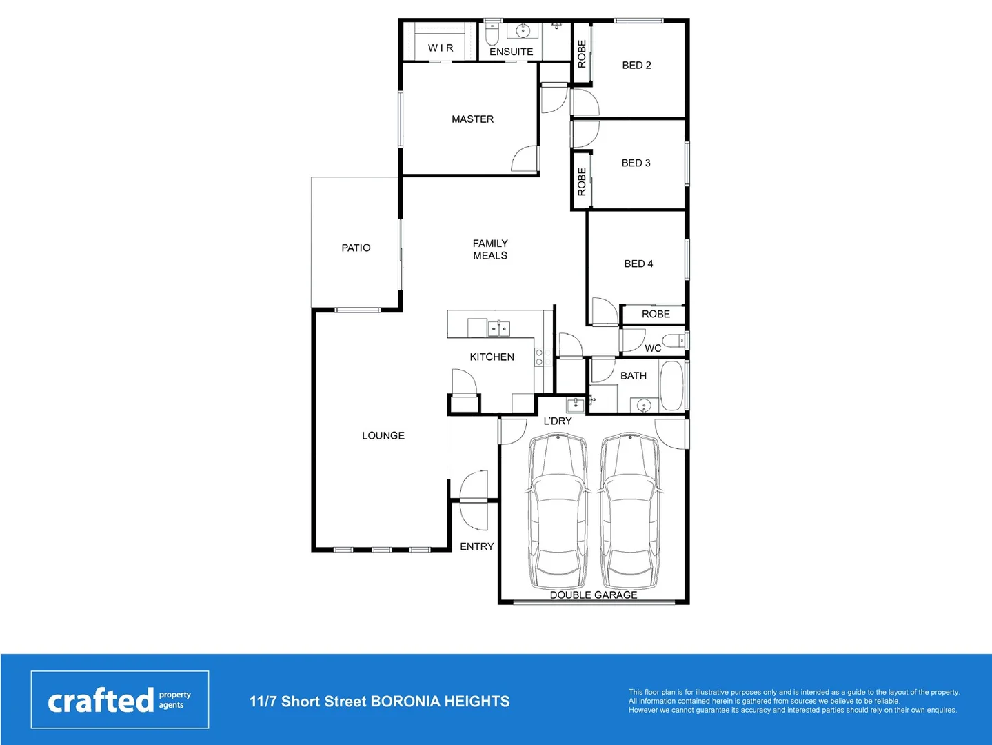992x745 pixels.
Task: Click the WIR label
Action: [x=441, y=48]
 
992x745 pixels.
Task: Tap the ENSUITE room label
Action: [x=511, y=52]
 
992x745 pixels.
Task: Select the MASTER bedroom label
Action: [x=472, y=119]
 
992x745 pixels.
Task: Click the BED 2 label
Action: [x=636, y=66]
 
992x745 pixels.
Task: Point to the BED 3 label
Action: [x=636, y=163]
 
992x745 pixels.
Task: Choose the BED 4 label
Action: [x=638, y=264]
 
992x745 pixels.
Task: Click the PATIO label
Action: [x=356, y=248]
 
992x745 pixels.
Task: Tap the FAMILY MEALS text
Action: [x=490, y=250]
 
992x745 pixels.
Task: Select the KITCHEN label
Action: [x=492, y=357]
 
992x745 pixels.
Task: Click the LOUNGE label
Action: [x=383, y=436]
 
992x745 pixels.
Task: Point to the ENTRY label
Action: [x=477, y=546]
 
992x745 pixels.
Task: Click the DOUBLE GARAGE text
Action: [x=594, y=595]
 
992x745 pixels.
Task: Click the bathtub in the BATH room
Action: [x=671, y=386]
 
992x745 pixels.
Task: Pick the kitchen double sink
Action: [x=498, y=329]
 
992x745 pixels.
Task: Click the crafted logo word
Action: [x=101, y=701]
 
